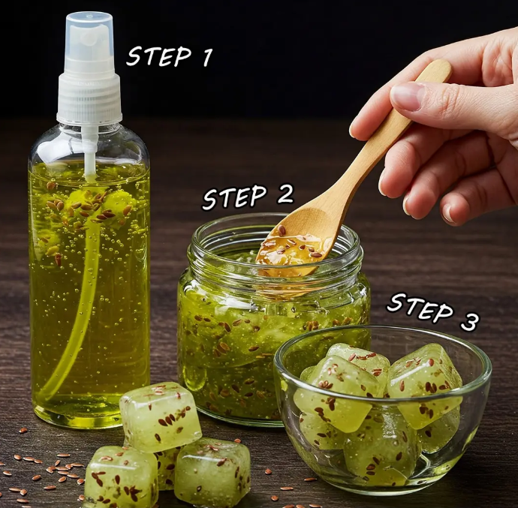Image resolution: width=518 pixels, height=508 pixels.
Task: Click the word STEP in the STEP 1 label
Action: click(x=159, y=56)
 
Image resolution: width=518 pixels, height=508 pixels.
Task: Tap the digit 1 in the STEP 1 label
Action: click(x=206, y=57)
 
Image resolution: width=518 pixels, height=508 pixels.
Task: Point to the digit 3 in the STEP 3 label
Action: click(x=469, y=321)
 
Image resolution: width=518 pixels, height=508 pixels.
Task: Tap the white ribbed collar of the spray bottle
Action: click(x=89, y=98)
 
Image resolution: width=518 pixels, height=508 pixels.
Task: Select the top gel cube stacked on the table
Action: click(x=160, y=416)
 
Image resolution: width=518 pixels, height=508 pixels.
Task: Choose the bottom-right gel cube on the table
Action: click(x=212, y=472)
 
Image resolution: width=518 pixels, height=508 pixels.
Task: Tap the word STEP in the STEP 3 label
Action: click(x=420, y=307)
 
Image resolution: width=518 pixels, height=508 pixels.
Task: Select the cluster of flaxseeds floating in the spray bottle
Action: click(x=86, y=207)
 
